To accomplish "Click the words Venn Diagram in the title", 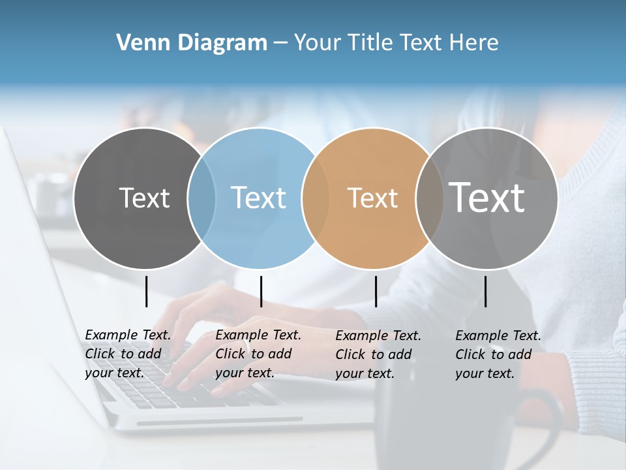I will click(192, 42).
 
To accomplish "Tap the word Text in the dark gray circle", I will click(144, 198).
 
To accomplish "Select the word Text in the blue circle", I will click(258, 198).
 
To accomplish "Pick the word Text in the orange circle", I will click(372, 198).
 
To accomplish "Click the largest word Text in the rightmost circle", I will click(487, 197).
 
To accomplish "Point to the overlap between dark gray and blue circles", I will click(201, 198).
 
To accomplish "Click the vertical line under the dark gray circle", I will click(147, 291).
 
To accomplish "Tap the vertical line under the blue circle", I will click(261, 291).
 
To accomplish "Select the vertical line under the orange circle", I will click(376, 291).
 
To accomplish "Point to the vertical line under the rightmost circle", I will click(486, 291).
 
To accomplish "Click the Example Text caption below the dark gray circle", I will click(127, 354).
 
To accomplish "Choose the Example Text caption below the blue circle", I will click(258, 354).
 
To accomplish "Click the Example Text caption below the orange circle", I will click(378, 354).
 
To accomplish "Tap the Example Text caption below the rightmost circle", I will click(498, 354).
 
